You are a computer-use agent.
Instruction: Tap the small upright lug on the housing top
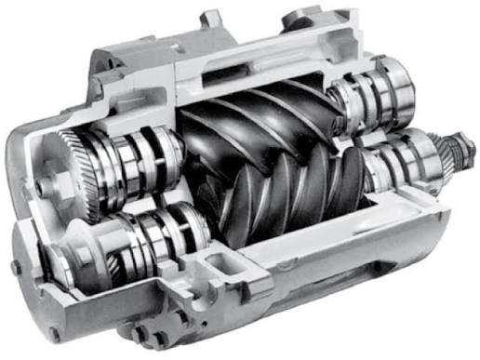[x=212, y=19]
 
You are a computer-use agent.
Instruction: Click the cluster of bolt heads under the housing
[x=149, y=334]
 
